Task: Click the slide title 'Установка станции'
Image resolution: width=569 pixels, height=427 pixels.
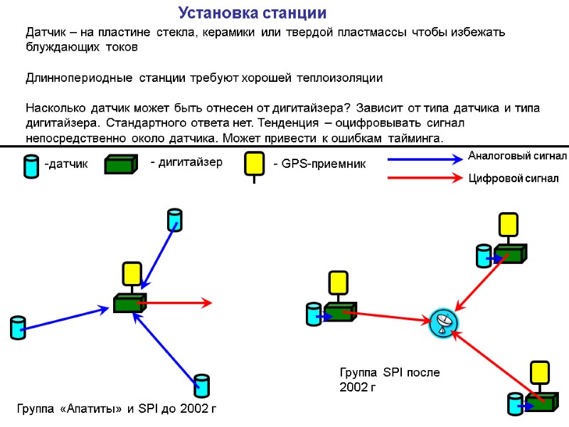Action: (x=252, y=14)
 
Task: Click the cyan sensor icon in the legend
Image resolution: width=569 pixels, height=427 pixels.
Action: (x=31, y=166)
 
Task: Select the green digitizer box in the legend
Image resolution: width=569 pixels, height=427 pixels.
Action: (x=119, y=164)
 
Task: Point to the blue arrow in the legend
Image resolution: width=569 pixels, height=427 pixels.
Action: (x=425, y=161)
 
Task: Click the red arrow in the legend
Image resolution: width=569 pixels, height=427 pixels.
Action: (x=425, y=178)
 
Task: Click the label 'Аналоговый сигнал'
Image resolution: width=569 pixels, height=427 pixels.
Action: (x=516, y=155)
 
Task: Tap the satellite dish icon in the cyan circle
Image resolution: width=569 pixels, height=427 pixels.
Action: (x=444, y=323)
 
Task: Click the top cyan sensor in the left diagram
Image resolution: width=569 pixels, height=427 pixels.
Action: (x=174, y=220)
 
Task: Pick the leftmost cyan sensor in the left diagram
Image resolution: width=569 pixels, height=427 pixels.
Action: (x=18, y=327)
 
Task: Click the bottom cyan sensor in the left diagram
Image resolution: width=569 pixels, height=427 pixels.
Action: (x=202, y=385)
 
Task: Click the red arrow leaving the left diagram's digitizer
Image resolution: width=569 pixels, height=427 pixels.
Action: (x=178, y=303)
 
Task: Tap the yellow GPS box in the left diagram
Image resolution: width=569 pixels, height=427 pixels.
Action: (x=132, y=273)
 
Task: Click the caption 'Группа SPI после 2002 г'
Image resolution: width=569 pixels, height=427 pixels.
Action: (x=389, y=380)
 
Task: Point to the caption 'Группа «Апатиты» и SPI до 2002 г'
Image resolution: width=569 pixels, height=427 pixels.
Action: (x=115, y=408)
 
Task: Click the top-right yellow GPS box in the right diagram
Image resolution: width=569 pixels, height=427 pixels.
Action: (x=507, y=224)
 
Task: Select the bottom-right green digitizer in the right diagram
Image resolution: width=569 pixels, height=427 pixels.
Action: (x=541, y=401)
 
